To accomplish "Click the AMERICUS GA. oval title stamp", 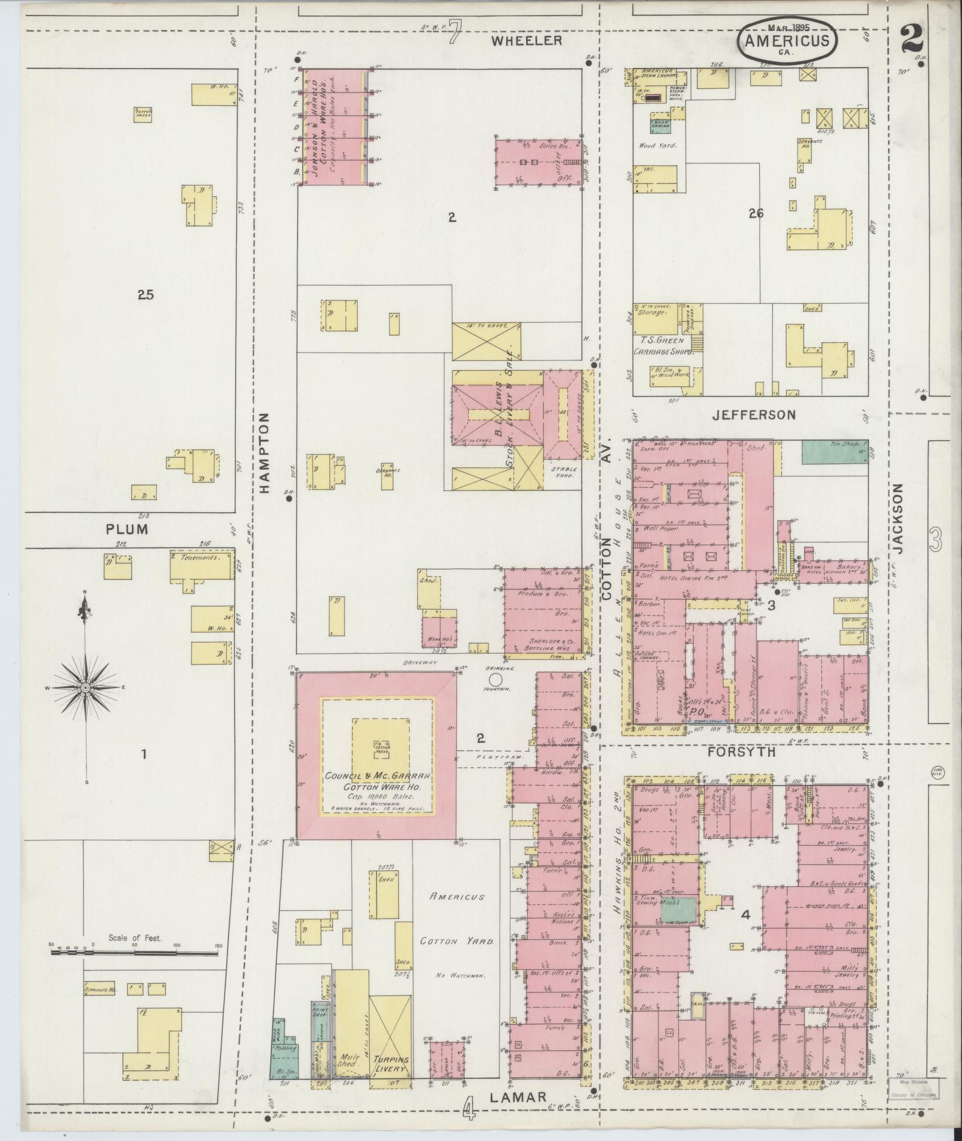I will (787, 40).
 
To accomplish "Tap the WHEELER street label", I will (527, 41).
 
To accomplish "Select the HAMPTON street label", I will (265, 453).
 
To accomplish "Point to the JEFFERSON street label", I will (754, 415).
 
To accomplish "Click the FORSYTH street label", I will (741, 752).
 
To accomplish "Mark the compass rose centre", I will (85, 688).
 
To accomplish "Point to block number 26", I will (756, 214).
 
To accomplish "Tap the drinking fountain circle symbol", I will (494, 679).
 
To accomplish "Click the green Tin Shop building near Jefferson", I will (834, 452).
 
